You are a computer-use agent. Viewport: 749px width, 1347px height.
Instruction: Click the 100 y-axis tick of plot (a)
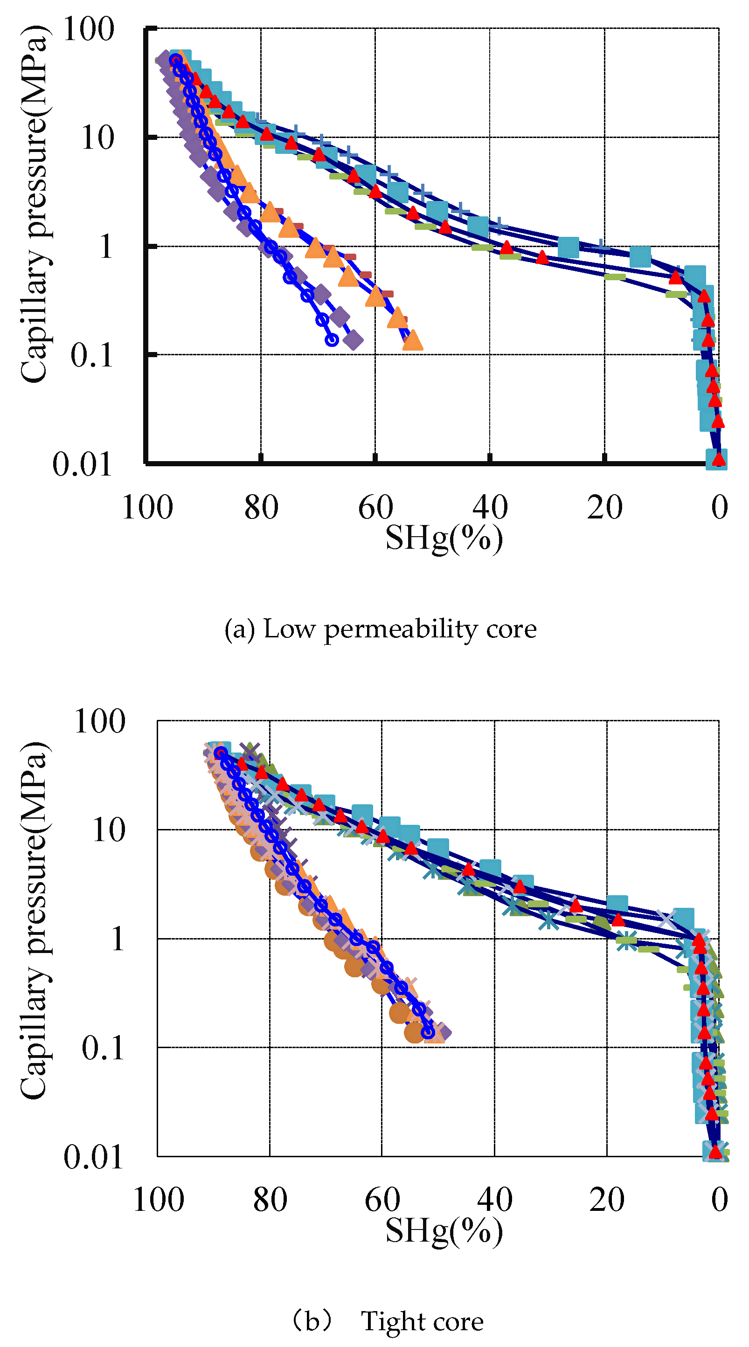click(x=88, y=29)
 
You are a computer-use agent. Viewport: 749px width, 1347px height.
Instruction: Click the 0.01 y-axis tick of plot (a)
click(x=82, y=464)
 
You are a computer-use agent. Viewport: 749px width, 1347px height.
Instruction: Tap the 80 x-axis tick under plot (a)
click(x=261, y=507)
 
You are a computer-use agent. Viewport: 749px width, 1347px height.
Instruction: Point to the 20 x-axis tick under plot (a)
click(x=604, y=507)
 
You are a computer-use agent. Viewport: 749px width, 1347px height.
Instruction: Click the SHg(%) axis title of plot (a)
click(x=444, y=538)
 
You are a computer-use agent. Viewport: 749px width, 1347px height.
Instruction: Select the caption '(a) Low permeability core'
click(x=380, y=629)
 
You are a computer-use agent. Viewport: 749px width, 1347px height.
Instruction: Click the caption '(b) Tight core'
click(x=388, y=1321)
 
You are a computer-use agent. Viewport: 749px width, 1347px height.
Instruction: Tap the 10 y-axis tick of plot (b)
click(x=108, y=830)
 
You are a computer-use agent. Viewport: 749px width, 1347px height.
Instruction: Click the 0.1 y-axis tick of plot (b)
click(x=103, y=1048)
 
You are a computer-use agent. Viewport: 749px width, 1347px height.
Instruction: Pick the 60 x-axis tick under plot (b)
click(x=382, y=1200)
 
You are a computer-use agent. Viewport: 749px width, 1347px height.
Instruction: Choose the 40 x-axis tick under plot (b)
click(x=494, y=1200)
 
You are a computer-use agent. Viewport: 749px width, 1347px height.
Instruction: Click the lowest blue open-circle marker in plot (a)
click(x=332, y=340)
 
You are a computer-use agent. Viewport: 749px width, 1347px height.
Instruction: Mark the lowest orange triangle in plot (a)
click(x=413, y=340)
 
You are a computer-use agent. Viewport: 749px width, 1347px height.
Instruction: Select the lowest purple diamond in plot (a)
click(x=354, y=340)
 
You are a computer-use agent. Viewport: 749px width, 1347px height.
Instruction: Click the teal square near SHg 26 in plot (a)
click(x=568, y=247)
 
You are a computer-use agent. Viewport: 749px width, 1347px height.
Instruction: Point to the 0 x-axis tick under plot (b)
click(x=719, y=1200)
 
